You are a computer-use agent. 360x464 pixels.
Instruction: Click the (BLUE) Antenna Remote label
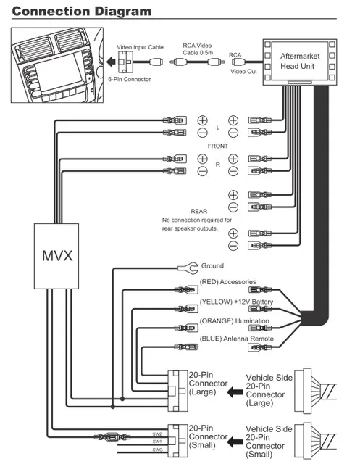[x=235, y=339]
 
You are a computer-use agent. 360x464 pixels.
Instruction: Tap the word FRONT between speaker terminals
[x=218, y=146]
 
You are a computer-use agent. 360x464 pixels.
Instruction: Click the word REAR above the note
[x=198, y=211]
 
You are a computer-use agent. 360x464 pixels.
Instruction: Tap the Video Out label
[x=244, y=72]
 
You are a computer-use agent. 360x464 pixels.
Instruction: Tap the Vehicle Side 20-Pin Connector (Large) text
[x=269, y=392]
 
